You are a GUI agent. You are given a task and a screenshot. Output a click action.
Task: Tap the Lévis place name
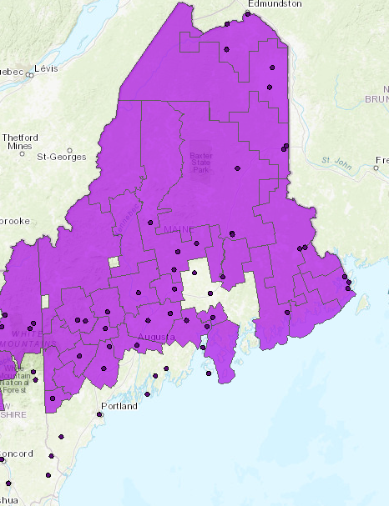46,68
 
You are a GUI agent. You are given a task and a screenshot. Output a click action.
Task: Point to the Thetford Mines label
19,141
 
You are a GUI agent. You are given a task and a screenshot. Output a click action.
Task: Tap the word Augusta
156,338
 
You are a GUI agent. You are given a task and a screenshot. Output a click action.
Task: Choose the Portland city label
117,407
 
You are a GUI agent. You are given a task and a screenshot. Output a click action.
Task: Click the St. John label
333,160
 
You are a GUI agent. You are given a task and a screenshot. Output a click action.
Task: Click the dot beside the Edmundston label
248,13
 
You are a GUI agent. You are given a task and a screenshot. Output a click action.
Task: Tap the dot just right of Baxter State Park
238,168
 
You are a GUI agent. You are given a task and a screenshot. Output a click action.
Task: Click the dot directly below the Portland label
100,414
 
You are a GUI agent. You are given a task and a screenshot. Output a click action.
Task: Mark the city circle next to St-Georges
38,156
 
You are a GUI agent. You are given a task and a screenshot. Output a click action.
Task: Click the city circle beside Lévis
29,74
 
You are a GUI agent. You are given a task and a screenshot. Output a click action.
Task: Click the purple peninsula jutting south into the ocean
223,350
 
